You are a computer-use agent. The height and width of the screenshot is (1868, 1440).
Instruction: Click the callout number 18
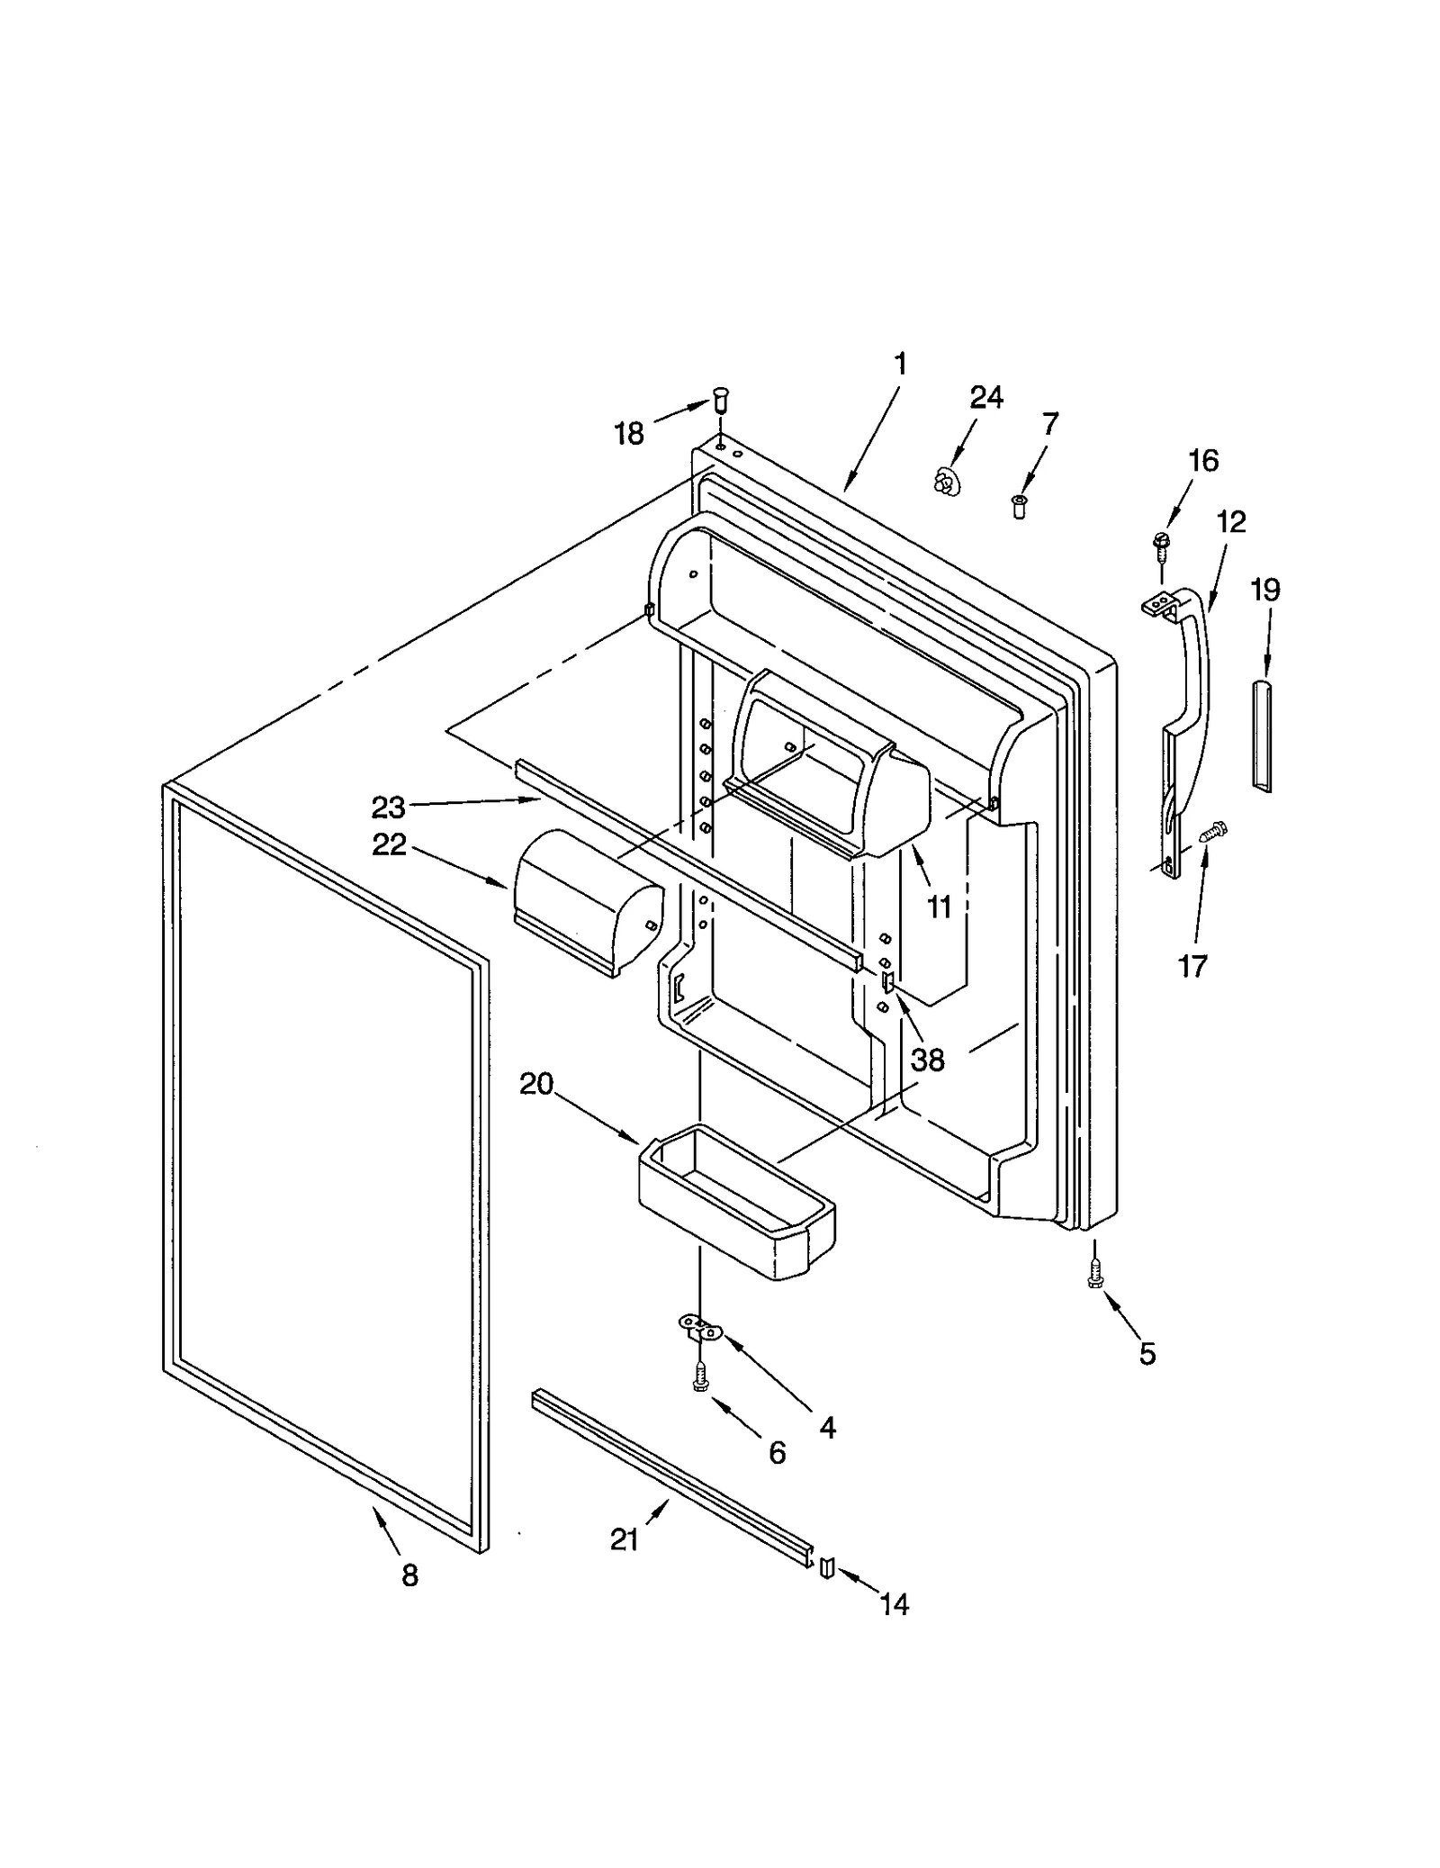click(x=629, y=434)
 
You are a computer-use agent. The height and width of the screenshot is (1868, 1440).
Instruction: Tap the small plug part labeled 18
click(x=720, y=397)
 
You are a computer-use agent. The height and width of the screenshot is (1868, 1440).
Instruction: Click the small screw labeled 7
click(x=1019, y=506)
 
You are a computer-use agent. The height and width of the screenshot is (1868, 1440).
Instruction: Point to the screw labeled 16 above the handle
click(x=1161, y=544)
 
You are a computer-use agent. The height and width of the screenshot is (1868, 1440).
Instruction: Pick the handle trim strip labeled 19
click(x=1264, y=735)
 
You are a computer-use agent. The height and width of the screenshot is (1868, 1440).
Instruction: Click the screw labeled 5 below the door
click(x=1095, y=1274)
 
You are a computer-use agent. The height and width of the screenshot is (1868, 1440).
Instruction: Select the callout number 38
click(x=927, y=1060)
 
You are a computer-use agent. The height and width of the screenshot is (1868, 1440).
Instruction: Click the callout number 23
click(x=389, y=808)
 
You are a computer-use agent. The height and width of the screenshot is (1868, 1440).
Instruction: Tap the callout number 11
click(x=939, y=907)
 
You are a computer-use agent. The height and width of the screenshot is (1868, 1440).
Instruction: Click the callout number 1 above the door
click(x=900, y=364)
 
